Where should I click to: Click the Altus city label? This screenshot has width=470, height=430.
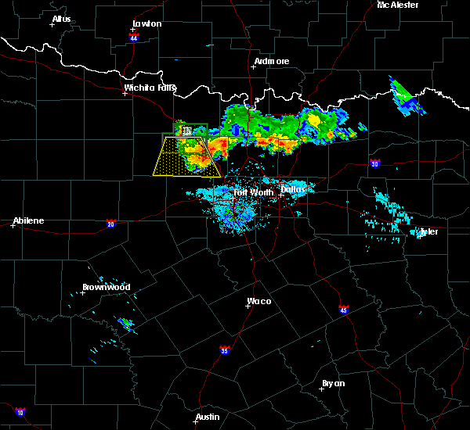click(x=61, y=19)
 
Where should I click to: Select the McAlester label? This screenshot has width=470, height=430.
click(x=398, y=5)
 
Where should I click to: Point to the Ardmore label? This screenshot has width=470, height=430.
click(x=271, y=61)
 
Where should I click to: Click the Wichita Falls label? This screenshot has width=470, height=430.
click(x=150, y=88)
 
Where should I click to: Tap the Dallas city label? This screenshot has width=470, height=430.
click(x=293, y=188)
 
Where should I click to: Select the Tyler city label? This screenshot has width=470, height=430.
click(x=428, y=231)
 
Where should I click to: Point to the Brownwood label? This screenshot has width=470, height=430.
click(x=106, y=287)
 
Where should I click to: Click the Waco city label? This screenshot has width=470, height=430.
click(x=260, y=301)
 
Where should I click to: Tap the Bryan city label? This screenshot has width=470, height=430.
click(x=333, y=383)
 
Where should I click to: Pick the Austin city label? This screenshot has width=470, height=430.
click(x=208, y=417)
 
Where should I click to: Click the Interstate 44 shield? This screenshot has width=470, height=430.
click(x=134, y=37)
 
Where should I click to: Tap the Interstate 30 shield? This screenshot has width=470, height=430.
click(x=375, y=163)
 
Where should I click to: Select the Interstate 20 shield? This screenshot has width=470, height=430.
click(x=110, y=223)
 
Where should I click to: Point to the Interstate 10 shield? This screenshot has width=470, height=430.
click(x=20, y=412)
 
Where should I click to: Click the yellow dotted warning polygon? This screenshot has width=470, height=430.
click(x=184, y=159)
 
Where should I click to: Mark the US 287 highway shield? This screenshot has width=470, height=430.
click(x=186, y=130)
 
